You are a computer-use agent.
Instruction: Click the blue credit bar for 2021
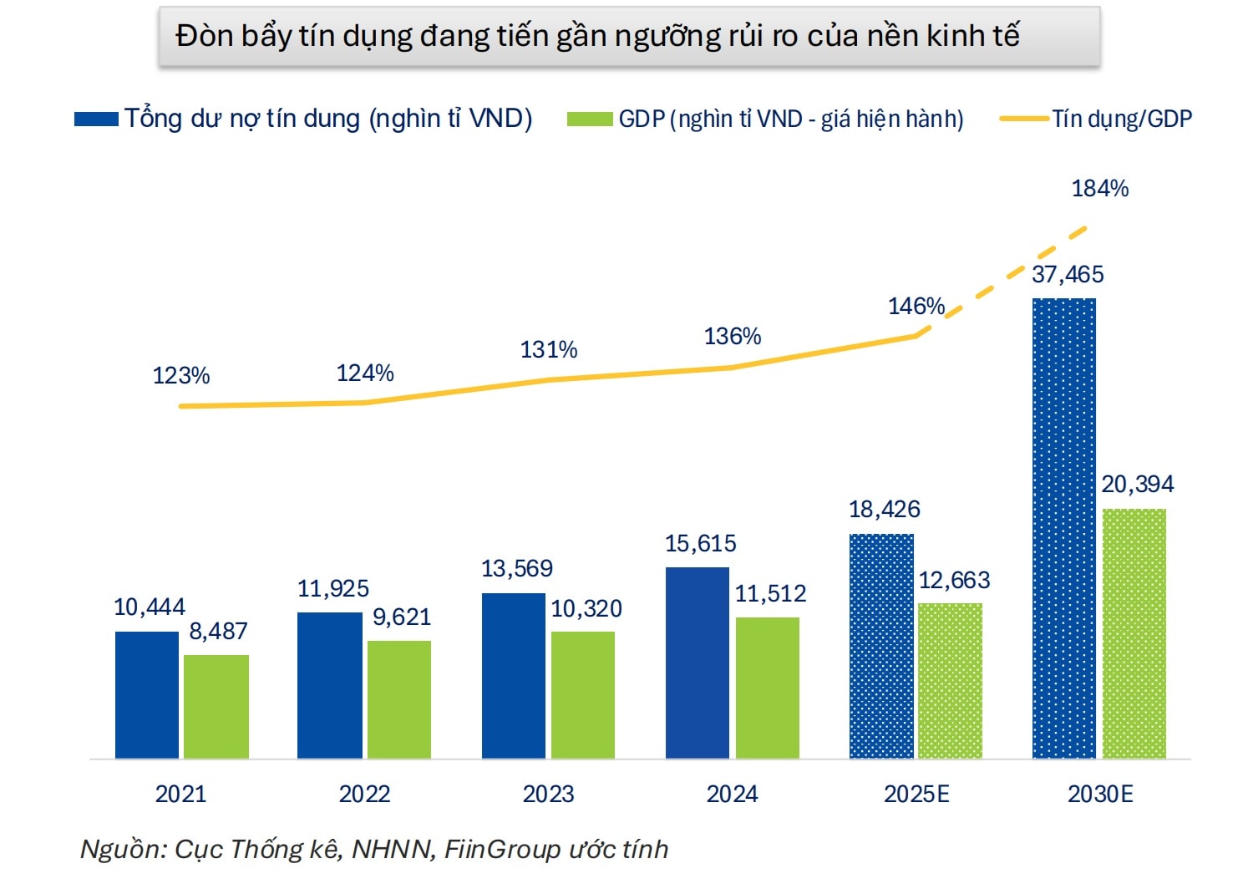click(147, 694)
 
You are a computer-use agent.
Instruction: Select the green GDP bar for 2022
click(399, 699)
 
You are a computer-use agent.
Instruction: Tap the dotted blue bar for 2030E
click(1064, 528)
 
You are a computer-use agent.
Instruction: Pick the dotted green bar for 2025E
click(950, 681)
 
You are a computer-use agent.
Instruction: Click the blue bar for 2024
click(698, 663)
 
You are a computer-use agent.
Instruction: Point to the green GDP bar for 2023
click(583, 695)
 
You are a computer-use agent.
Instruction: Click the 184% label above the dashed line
click(1099, 189)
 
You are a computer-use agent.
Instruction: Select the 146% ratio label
click(916, 307)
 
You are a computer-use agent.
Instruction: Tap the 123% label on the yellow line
click(181, 376)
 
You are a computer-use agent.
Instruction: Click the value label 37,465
click(1068, 274)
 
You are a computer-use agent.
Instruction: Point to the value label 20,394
click(1137, 485)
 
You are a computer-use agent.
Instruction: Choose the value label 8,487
click(218, 632)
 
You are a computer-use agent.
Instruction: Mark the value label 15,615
click(700, 544)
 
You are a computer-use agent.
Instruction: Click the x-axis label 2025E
click(916, 794)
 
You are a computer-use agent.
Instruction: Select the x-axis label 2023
click(548, 794)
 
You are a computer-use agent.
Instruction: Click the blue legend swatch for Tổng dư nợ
click(96, 119)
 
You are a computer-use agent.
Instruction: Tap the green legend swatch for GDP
click(589, 119)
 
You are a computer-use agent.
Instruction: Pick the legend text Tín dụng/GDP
click(1121, 119)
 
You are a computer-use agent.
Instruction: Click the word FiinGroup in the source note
click(502, 850)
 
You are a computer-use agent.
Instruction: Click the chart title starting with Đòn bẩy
click(597, 36)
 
